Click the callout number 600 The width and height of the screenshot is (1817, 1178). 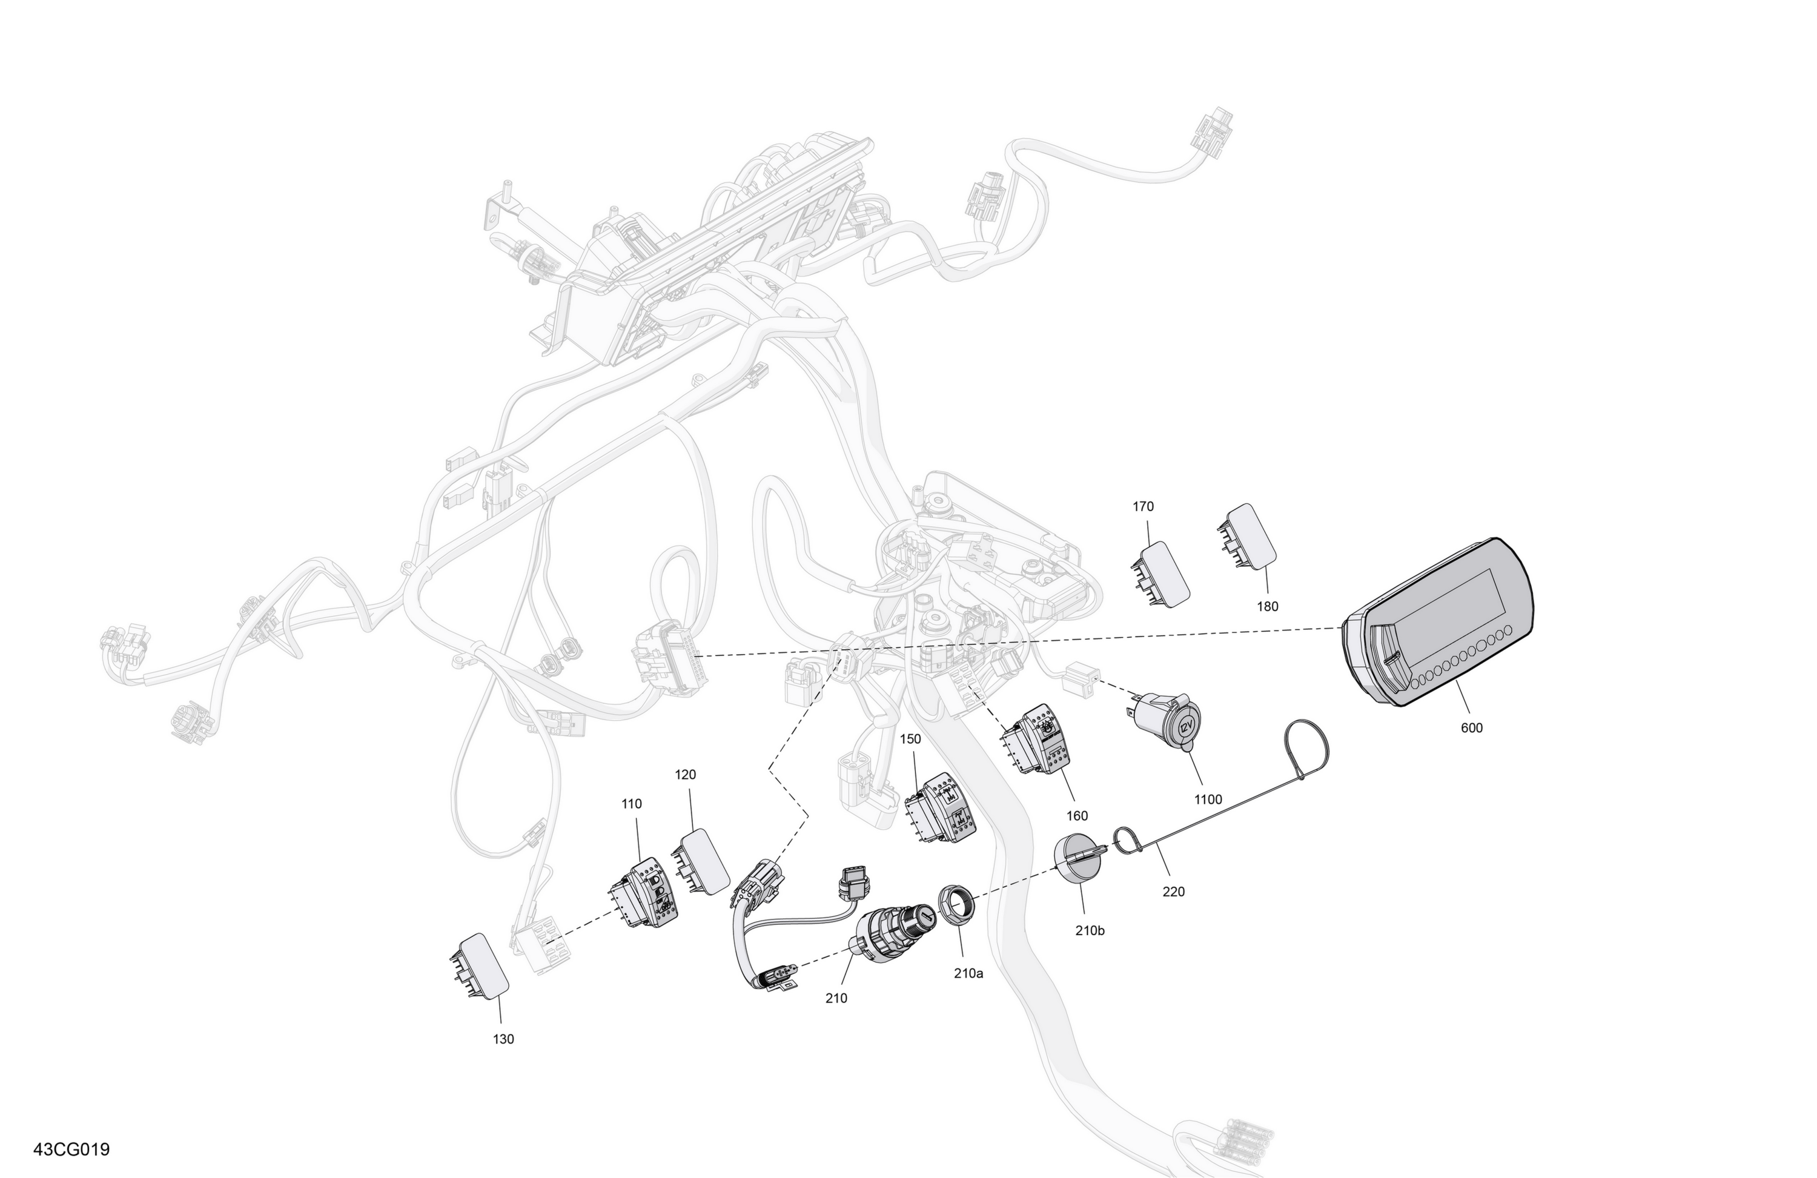[1471, 727]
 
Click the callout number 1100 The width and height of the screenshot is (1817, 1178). [1208, 799]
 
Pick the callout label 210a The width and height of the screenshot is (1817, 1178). [968, 973]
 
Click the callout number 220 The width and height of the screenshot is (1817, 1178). [1173, 891]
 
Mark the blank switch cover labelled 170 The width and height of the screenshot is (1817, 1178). [1160, 574]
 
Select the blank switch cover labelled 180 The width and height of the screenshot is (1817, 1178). [1246, 537]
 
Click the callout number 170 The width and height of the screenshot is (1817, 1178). [1143, 506]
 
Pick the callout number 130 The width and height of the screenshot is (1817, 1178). [503, 1039]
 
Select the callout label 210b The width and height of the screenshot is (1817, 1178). [1090, 931]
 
